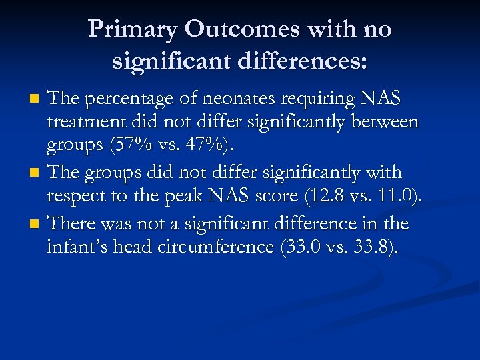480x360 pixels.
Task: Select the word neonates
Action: point(241,99)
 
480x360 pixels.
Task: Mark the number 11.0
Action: point(398,197)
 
